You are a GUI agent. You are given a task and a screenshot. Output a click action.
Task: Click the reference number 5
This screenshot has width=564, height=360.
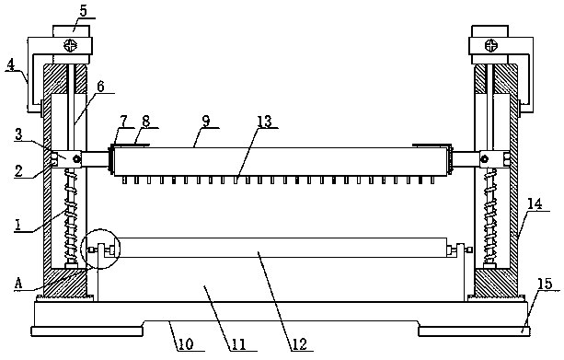(83, 11)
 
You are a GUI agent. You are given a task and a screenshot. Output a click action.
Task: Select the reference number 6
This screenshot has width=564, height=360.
(100, 87)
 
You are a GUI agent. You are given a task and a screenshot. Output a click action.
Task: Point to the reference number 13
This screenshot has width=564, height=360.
(265, 122)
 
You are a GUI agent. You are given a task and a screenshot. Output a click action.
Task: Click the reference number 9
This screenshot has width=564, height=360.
(206, 121)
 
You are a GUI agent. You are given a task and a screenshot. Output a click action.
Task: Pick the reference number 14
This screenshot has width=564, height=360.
(535, 204)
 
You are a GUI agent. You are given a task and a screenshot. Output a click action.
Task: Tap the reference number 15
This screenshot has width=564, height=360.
(545, 284)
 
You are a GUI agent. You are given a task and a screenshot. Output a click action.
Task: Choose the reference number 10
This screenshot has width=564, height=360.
(186, 343)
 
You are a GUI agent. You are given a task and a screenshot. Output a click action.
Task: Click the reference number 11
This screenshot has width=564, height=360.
(238, 344)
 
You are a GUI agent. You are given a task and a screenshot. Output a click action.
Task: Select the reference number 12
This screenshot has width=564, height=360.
(300, 344)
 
